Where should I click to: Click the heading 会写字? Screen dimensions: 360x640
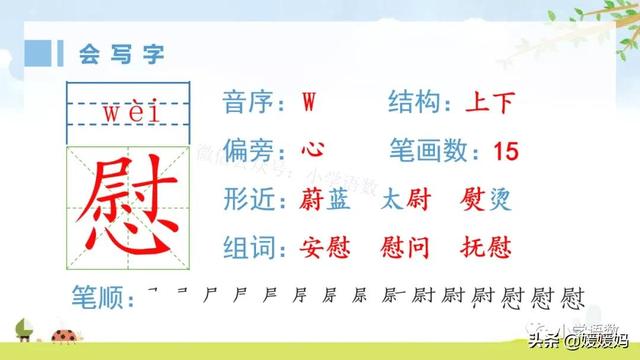(x=115, y=50)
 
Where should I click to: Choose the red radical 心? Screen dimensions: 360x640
(x=312, y=151)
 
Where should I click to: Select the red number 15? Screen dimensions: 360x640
(x=506, y=152)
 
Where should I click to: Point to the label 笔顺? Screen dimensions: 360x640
(x=100, y=297)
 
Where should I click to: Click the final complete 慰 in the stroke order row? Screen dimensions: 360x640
(x=573, y=296)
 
